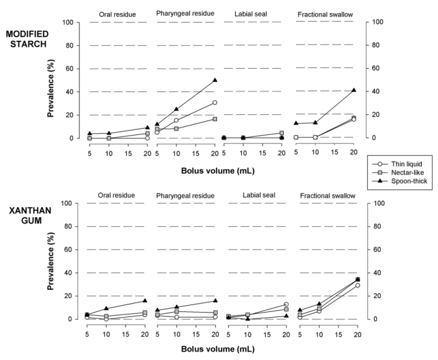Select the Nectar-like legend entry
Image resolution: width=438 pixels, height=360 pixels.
pyautogui.click(x=403, y=172)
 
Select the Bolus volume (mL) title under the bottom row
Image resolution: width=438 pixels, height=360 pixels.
pyautogui.click(x=219, y=347)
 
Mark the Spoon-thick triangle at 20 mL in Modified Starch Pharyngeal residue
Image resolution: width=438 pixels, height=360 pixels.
pyautogui.click(x=215, y=80)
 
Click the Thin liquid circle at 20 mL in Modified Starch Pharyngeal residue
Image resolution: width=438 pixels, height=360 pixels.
pyautogui.click(x=215, y=103)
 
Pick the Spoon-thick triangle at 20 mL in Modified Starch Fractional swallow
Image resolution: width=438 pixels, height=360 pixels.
pyautogui.click(x=353, y=90)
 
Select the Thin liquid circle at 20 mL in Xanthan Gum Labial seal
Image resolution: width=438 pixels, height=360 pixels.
pyautogui.click(x=286, y=305)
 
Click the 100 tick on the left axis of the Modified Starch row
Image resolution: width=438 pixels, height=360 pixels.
pyautogui.click(x=75, y=22)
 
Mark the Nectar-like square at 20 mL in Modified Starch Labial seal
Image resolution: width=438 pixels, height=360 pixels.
pyautogui.click(x=282, y=133)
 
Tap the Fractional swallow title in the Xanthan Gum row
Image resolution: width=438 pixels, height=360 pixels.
pyautogui.click(x=327, y=195)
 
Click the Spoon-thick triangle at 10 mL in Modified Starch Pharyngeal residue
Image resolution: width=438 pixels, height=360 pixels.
pyautogui.click(x=176, y=109)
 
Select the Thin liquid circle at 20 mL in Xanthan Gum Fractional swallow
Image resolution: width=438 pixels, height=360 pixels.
pyautogui.click(x=357, y=285)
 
